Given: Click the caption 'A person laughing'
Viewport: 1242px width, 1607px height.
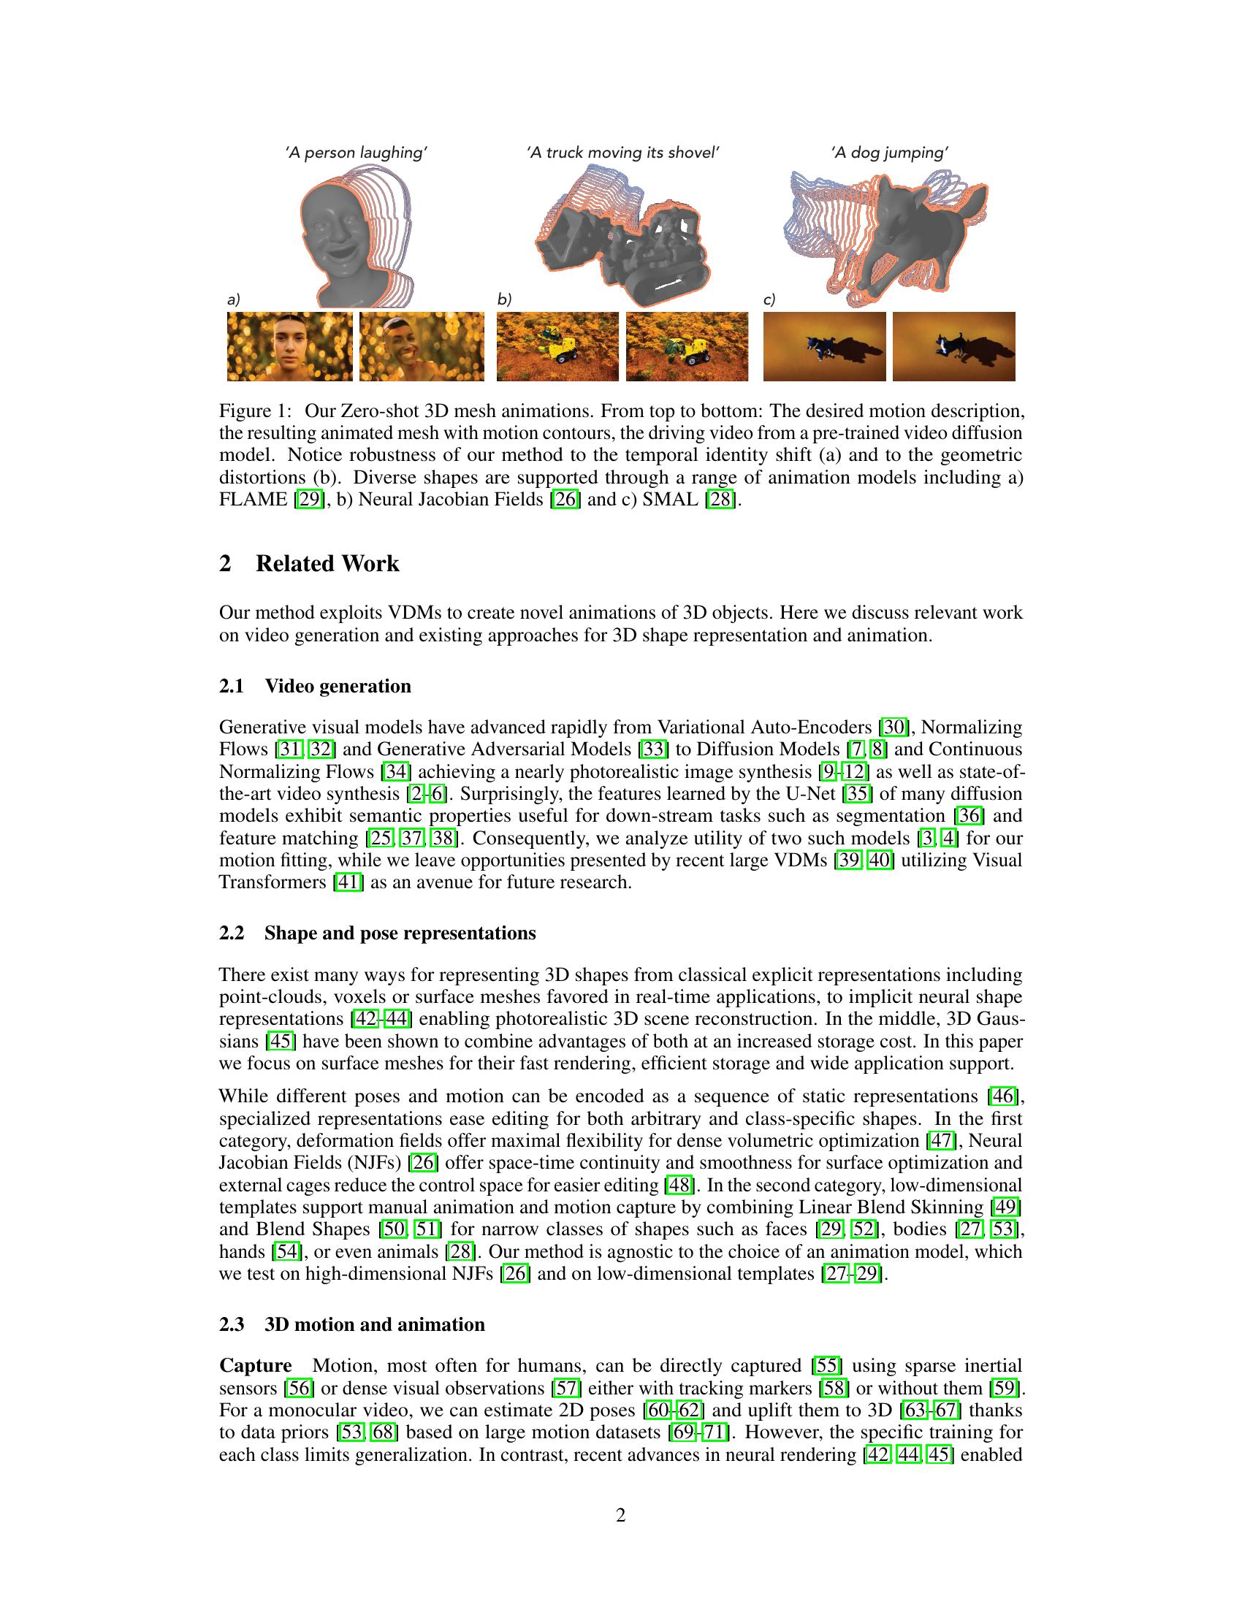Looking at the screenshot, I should pyautogui.click(x=357, y=153).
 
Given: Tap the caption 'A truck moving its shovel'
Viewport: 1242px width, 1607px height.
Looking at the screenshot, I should pyautogui.click(x=622, y=153).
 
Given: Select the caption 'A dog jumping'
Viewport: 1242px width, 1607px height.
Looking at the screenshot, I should pyautogui.click(x=890, y=153).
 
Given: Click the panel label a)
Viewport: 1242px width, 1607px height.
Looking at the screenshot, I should pyautogui.click(x=234, y=299).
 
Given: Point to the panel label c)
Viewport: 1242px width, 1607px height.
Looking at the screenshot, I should pyautogui.click(x=769, y=299).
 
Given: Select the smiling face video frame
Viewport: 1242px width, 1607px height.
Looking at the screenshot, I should pyautogui.click(x=422, y=346).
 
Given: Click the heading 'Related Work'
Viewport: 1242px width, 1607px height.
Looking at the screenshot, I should pyautogui.click(x=327, y=564).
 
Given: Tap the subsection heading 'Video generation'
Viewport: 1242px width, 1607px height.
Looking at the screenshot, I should pyautogui.click(x=338, y=686).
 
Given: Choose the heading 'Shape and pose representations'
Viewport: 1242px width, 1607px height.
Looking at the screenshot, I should pyautogui.click(x=400, y=933).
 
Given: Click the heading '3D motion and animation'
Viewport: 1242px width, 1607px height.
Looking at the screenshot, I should pyautogui.click(x=375, y=1324).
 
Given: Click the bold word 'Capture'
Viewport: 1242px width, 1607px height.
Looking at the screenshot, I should pyautogui.click(x=255, y=1366).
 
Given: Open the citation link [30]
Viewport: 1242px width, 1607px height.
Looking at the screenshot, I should pyautogui.click(x=895, y=727).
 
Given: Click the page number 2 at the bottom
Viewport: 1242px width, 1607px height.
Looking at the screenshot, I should pyautogui.click(x=620, y=1516).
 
